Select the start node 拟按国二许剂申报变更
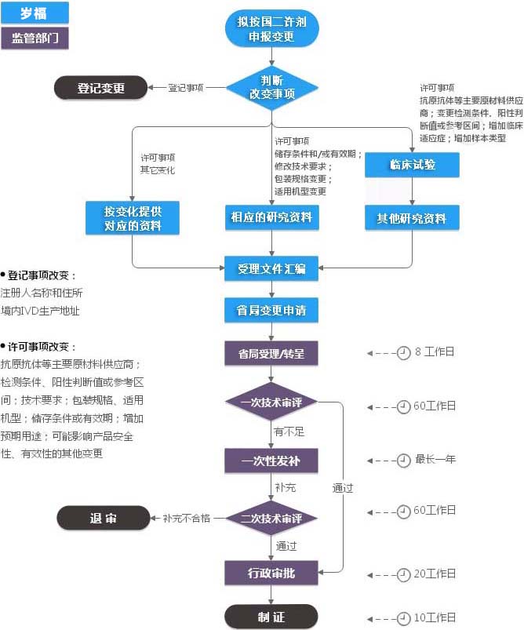(271, 29)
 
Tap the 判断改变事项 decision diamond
(271, 88)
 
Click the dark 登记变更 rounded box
(100, 88)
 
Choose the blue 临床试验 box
(412, 165)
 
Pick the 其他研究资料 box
(412, 218)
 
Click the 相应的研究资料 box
(271, 217)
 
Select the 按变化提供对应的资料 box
(133, 218)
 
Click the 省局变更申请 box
(271, 309)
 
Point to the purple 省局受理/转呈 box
(271, 353)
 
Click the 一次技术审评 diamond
(271, 402)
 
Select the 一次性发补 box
(271, 460)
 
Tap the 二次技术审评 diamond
(271, 518)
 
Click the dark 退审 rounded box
(103, 518)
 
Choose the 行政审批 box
(271, 573)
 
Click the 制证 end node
(271, 617)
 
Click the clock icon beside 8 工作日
(403, 353)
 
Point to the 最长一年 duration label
(435, 460)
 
